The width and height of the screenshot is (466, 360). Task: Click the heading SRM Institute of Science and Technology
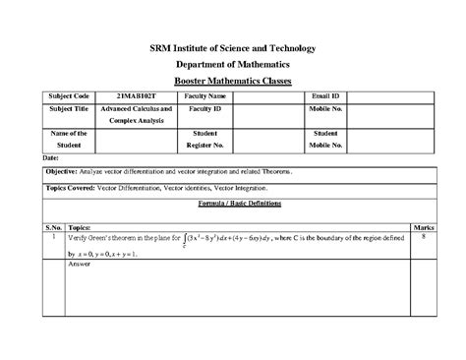[x=233, y=48]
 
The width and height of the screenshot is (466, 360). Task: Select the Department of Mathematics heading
[x=233, y=64]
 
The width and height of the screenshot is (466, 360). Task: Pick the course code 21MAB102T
[x=137, y=95]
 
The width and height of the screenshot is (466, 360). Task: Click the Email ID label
[x=325, y=95]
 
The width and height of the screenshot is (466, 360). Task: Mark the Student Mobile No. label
[x=325, y=139]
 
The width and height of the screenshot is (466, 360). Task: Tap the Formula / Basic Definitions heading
[x=233, y=200]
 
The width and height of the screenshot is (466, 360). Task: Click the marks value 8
[x=423, y=237]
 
